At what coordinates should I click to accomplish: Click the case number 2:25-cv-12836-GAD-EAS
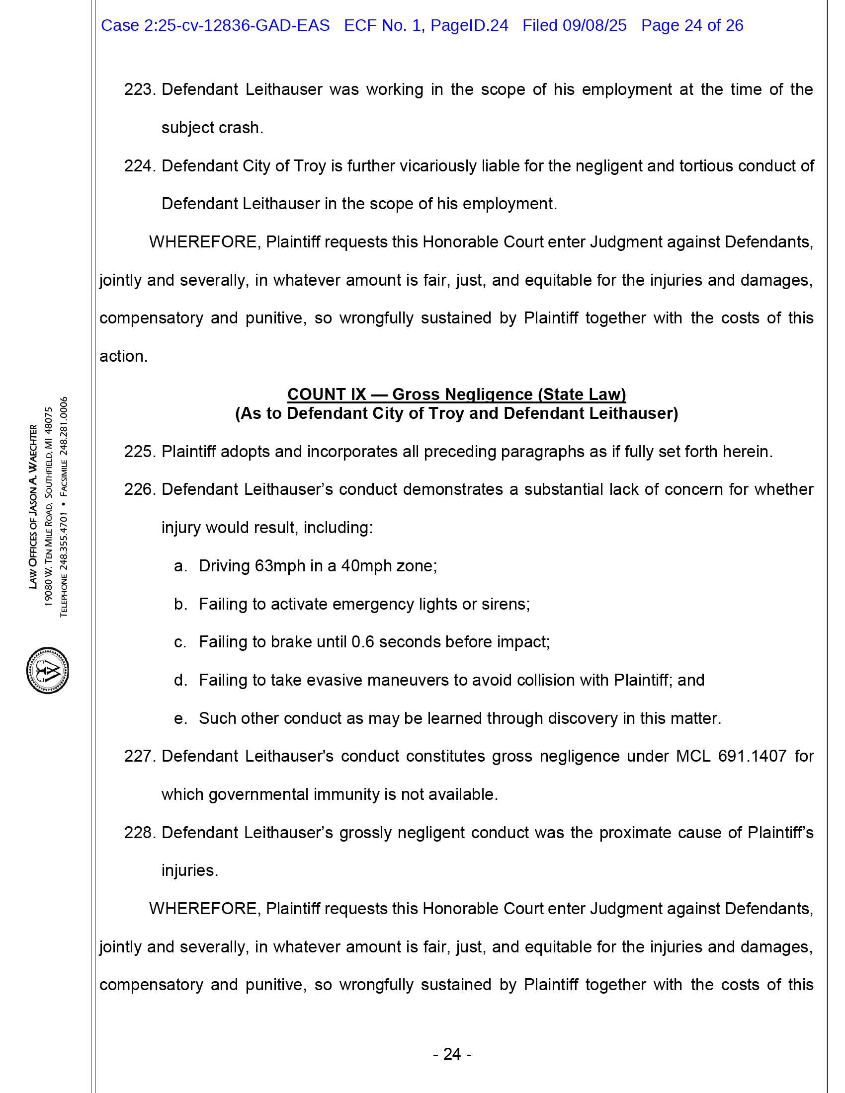[236, 25]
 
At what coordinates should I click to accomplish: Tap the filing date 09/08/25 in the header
[594, 25]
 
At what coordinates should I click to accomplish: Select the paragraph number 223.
[140, 89]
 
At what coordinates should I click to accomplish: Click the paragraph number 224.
[140, 165]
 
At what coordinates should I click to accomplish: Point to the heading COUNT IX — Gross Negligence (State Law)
[456, 394]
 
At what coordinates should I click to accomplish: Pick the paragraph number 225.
[140, 452]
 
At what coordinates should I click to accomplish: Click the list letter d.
[180, 680]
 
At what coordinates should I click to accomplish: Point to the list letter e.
[180, 719]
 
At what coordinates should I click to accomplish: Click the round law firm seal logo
[48, 670]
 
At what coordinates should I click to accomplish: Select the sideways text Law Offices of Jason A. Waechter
[33, 506]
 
